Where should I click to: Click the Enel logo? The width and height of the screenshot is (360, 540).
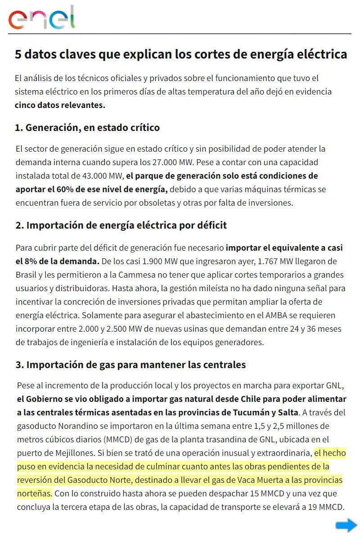pos(42,18)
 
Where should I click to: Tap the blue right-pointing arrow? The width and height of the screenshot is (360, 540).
pos(346,525)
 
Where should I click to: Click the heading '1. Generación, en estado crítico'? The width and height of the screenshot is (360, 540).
pos(87,128)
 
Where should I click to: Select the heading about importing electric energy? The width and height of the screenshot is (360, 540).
pos(121,225)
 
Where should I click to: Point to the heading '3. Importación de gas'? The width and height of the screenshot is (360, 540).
pos(130,364)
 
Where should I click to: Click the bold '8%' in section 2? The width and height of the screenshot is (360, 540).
pos(32,261)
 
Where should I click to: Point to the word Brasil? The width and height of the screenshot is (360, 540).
pos(26,274)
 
